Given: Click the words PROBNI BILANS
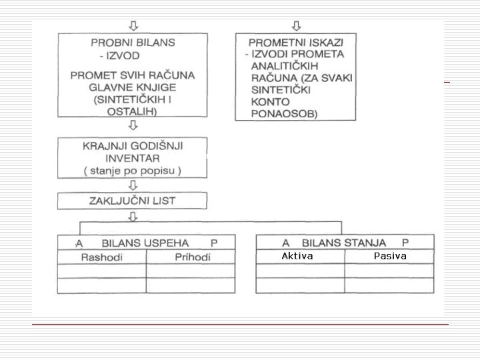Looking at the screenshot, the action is [x=133, y=42].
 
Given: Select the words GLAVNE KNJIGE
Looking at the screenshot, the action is [x=133, y=87].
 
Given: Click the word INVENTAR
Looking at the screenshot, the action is [x=133, y=159].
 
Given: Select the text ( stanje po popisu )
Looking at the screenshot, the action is [x=133, y=171].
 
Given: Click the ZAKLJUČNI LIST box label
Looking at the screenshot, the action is [x=133, y=200].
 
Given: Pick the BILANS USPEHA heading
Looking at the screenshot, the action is [x=145, y=243].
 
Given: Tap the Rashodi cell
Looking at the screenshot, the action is [x=101, y=257].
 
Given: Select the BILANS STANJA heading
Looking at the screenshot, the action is [x=344, y=243].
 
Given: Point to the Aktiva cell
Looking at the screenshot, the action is [x=297, y=256].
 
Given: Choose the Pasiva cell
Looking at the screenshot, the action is [x=390, y=256].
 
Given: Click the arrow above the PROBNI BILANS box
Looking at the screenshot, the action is [x=133, y=26].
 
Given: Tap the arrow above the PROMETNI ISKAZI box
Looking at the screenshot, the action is [x=296, y=26].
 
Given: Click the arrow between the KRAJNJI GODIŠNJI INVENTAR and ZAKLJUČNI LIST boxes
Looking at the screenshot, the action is [x=133, y=186].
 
